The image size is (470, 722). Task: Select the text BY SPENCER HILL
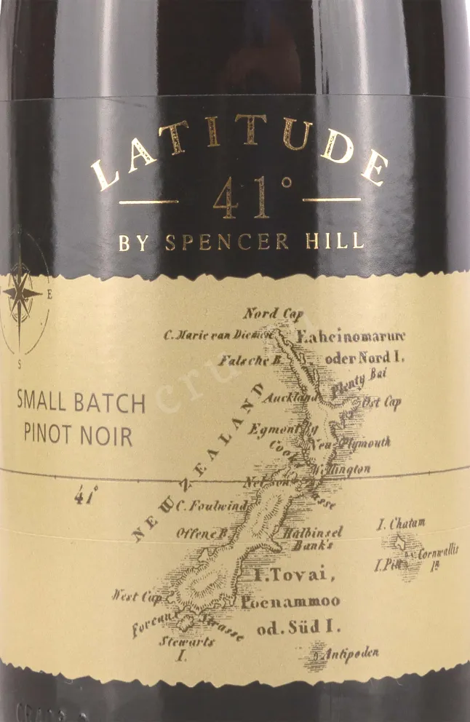coord(241,242)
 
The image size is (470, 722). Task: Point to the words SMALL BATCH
coord(81,403)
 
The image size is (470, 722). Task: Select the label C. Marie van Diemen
coord(217,335)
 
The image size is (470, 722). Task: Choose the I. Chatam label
coord(401,523)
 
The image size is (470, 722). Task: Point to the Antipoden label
coord(351,654)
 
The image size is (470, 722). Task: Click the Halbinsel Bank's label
coord(317,538)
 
